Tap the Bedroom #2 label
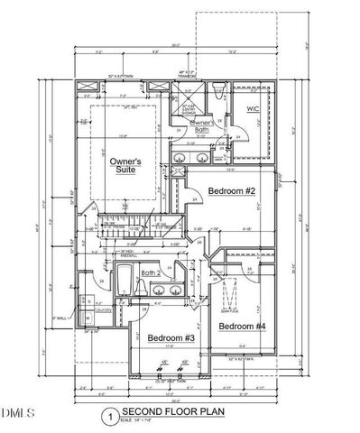pyautogui.click(x=235, y=191)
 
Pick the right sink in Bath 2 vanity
pyautogui.click(x=171, y=291)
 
